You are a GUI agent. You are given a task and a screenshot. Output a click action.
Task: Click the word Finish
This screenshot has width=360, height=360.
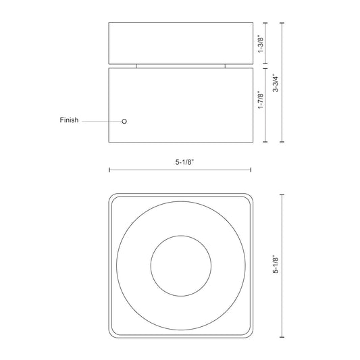pos(70,121)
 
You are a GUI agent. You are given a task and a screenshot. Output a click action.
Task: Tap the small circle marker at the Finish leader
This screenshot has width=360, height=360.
pos(124,121)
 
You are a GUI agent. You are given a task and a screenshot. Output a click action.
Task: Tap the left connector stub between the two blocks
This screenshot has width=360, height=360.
pos(136,66)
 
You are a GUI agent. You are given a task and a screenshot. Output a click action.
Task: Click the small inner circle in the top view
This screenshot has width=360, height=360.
pos(180,265)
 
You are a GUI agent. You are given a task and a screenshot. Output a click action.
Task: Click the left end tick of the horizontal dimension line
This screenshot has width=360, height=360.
pos(109,170)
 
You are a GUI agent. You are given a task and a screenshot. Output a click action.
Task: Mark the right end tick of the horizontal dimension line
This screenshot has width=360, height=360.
pos(251,170)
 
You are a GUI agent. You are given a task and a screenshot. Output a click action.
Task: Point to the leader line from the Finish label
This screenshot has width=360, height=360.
pos(101,121)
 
